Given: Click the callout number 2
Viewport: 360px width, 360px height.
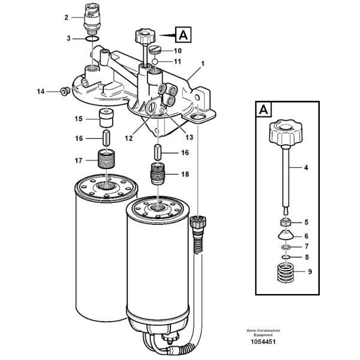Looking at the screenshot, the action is (67, 17).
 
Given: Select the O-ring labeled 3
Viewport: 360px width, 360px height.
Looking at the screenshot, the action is (92, 38).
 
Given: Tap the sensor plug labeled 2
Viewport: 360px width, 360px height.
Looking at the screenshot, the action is (92, 19).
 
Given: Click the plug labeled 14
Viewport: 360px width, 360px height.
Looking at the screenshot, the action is (64, 91).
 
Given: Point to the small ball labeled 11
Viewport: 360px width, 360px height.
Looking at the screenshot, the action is (155, 62).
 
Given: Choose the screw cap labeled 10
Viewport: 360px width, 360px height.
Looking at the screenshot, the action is (154, 50).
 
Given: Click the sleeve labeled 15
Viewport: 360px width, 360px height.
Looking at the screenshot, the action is (106, 118).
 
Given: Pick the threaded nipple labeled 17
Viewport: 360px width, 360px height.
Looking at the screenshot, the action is (106, 159).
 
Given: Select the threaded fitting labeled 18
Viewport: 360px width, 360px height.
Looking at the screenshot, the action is (158, 173).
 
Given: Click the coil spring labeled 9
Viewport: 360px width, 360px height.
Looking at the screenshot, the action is (286, 273).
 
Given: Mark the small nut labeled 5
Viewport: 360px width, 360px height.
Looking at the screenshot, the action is (286, 222).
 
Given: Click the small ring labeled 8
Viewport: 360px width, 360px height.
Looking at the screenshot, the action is (286, 257).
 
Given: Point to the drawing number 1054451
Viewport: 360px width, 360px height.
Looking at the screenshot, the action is (263, 341).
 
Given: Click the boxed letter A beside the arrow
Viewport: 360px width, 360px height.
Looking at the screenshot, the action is (183, 35).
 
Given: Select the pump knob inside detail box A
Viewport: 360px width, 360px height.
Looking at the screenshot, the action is (286, 133).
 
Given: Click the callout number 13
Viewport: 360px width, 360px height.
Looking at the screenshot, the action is (190, 137).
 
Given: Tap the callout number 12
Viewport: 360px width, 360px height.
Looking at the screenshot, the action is (129, 138).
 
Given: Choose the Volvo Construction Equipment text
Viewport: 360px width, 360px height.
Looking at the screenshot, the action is (263, 332).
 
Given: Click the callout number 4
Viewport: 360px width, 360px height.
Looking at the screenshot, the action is (306, 167).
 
